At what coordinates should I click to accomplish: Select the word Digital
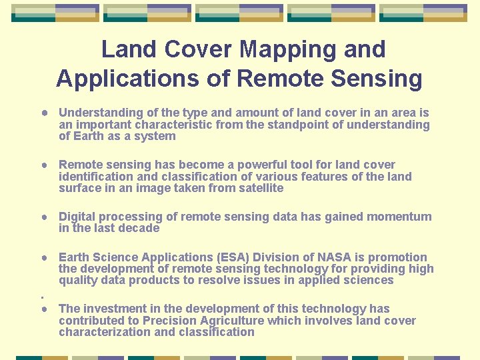[77, 217]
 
